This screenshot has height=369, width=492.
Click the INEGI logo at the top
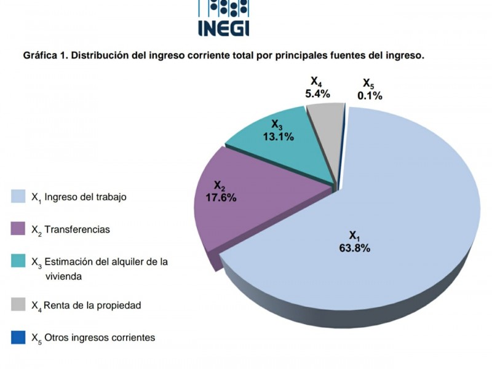coord(223,18)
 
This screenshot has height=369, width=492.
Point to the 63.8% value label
coord(354,248)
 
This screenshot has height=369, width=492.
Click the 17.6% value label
coord(220,197)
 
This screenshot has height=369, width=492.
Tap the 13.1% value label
coord(278,137)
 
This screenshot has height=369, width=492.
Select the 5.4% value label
coord(317,94)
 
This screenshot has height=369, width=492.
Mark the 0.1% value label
coord(370,95)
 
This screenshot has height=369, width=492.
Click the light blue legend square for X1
coord(19,196)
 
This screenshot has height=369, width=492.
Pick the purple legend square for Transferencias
coord(19,229)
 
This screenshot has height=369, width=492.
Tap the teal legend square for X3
coord(19,261)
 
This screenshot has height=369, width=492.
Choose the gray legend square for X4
coord(19,304)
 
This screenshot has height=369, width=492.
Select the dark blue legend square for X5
coord(19,337)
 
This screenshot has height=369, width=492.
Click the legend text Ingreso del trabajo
coord(85,197)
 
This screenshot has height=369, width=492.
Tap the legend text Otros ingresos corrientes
coord(100,338)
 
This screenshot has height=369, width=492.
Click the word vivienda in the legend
coord(64,276)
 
